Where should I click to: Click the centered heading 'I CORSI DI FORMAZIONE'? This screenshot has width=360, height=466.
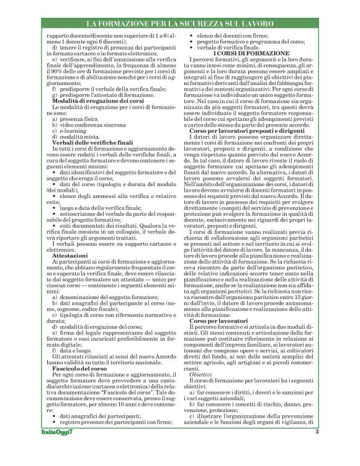tap(253, 54)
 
